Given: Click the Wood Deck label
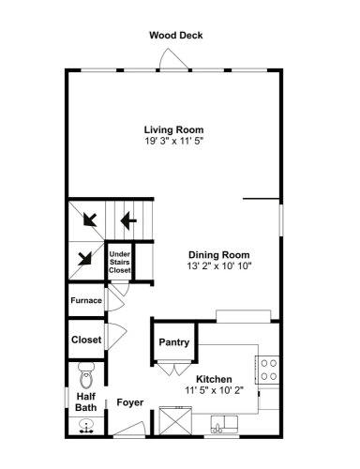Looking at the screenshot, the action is pos(176,35).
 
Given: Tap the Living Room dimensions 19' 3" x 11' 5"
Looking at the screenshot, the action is pos(173,141).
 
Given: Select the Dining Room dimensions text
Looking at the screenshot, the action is pos(219,266).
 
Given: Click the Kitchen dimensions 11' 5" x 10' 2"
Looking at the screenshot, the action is pos(214,390).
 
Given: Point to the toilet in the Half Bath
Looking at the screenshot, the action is pos(86,375).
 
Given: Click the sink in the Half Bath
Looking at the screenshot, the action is pos(86,427).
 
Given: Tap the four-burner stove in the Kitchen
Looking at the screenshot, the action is pos(267,370).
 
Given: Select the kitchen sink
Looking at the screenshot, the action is pos(224,424).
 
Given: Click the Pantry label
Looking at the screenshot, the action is pos(174,342).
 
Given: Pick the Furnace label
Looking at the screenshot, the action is pos(86,300).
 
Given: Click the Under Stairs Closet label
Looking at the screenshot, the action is pos(120,262).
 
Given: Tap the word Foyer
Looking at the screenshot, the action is pos(130,402).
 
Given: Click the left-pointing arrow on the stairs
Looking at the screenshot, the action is pos(128,220).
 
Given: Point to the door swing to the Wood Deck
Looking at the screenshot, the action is pos(173,59).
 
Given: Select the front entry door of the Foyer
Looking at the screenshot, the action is pos(129,428).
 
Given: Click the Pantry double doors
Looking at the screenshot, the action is pos(174,369).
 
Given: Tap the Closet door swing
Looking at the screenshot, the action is pos(116,336).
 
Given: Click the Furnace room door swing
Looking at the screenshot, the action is pos(114,299).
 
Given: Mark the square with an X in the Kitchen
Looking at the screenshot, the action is pos(175,420).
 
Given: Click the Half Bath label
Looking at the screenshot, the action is pos(86,402).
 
